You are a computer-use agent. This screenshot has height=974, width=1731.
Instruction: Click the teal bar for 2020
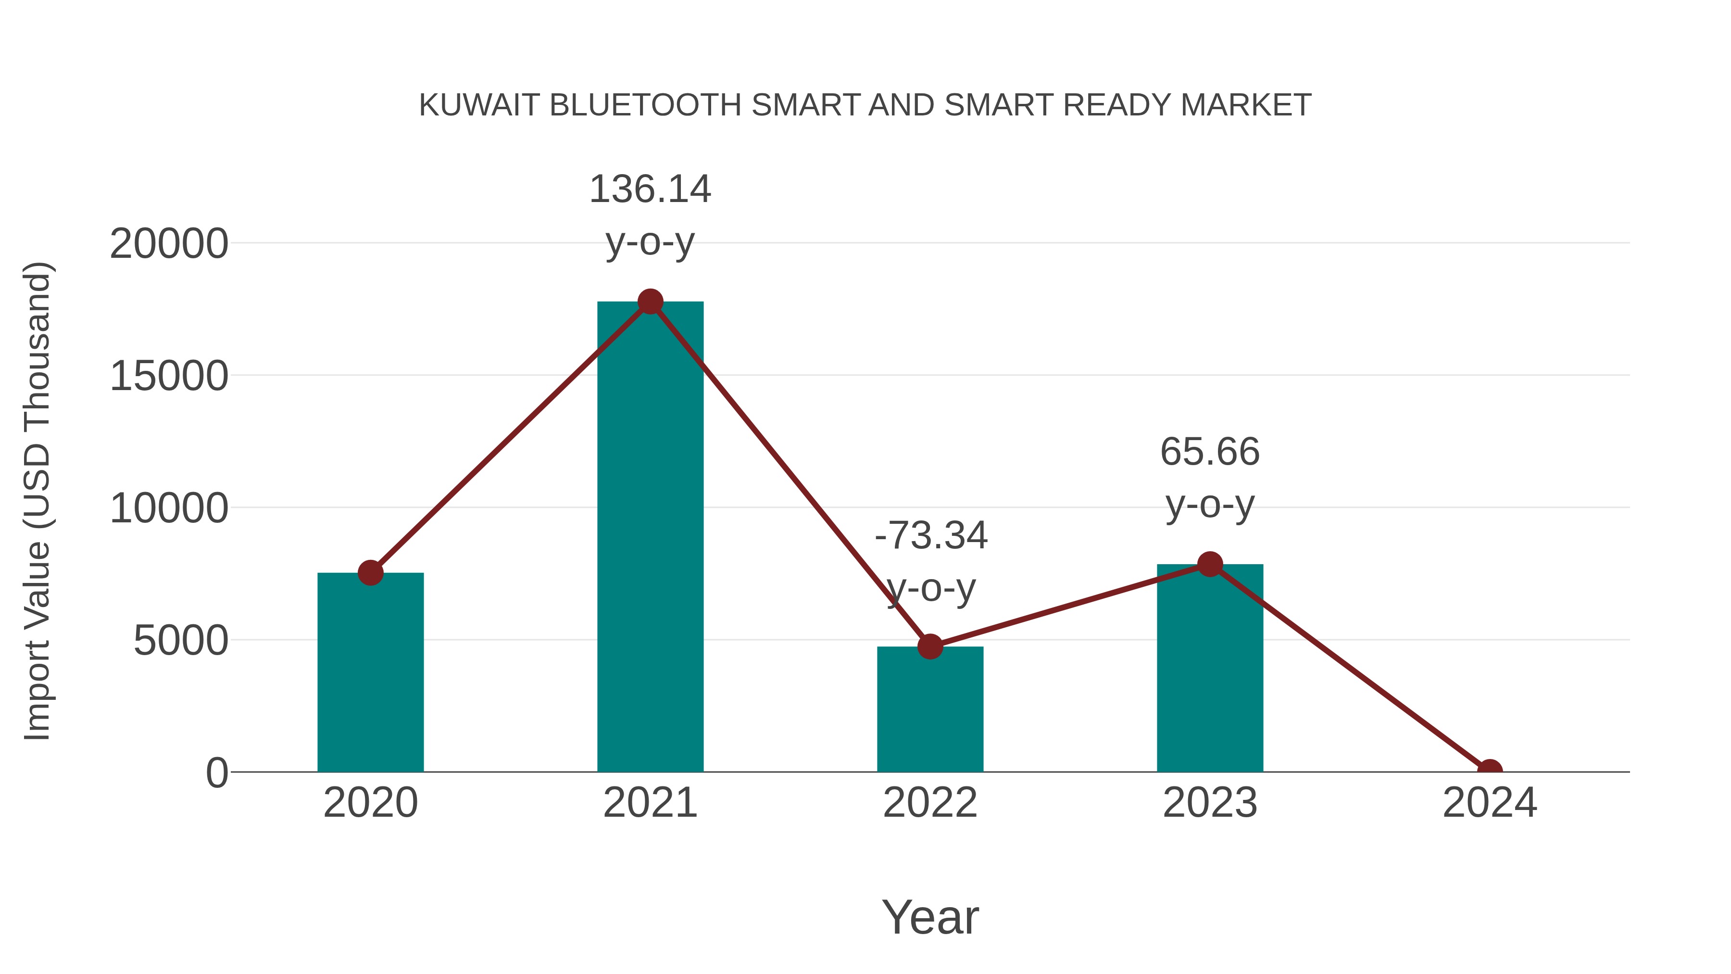(x=370, y=672)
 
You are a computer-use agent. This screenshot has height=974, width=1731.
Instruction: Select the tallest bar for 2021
(x=650, y=538)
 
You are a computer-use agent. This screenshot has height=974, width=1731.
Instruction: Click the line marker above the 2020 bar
(x=370, y=573)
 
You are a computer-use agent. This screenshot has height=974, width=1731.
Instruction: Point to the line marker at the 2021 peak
(x=650, y=302)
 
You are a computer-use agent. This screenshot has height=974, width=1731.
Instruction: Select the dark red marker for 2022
(x=930, y=646)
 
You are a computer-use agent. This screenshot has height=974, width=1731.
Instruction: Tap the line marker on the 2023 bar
(x=1210, y=564)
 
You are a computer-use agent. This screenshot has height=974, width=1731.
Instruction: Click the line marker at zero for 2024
(x=1489, y=771)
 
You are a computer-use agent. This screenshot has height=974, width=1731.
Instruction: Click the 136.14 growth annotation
(x=650, y=189)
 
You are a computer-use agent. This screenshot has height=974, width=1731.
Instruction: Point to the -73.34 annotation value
(x=931, y=536)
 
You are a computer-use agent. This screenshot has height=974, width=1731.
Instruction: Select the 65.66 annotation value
(x=1210, y=451)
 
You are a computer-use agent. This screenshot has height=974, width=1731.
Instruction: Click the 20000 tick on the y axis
(x=169, y=243)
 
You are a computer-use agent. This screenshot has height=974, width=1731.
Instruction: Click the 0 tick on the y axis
(x=216, y=773)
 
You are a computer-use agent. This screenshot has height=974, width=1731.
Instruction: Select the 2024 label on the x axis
(x=1489, y=803)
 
